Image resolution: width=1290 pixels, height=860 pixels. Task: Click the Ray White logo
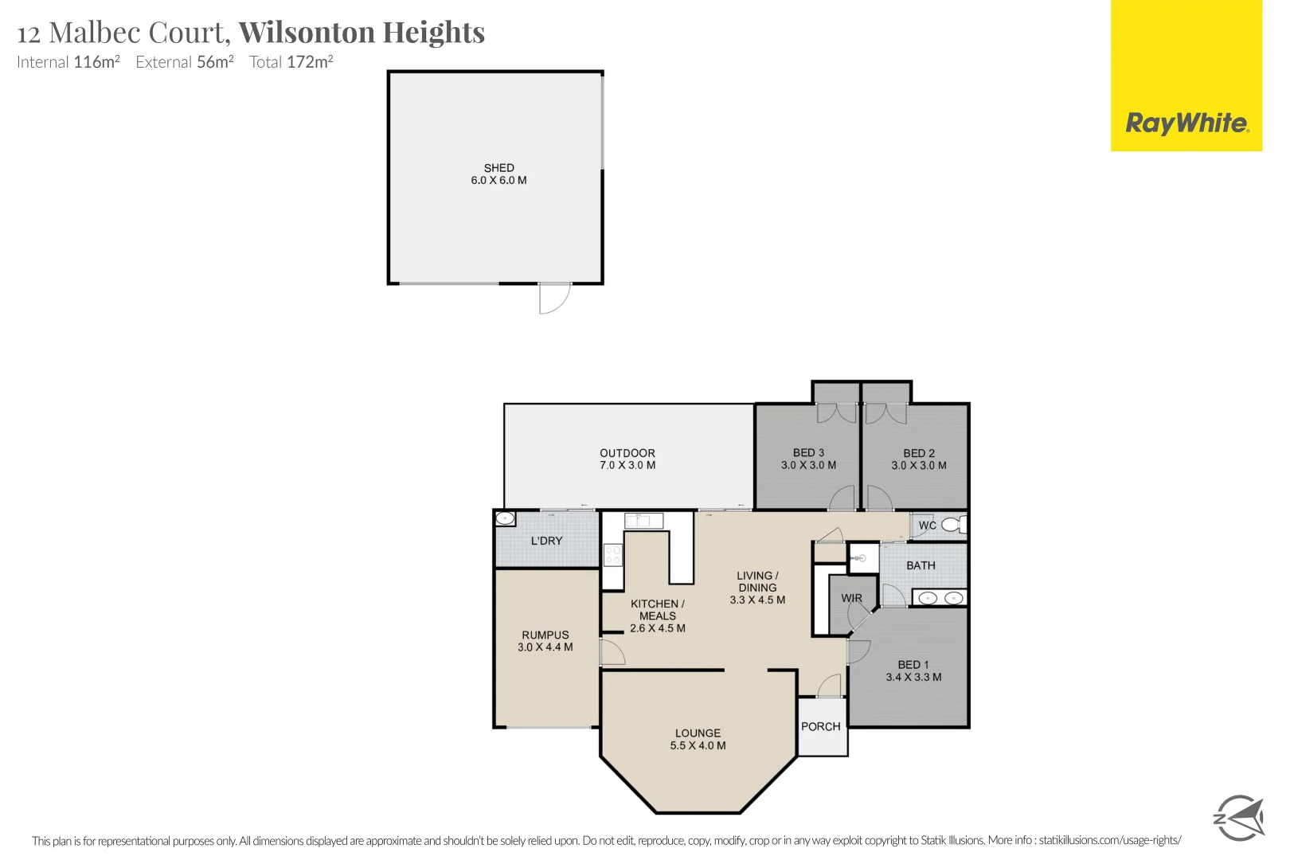[x=1186, y=123]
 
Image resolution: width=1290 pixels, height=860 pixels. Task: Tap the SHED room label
[x=499, y=168]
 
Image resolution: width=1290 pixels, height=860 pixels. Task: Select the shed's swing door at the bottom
[x=554, y=299]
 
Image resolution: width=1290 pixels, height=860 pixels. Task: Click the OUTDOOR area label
[x=627, y=453]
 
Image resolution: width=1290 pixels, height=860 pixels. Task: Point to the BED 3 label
[x=808, y=453]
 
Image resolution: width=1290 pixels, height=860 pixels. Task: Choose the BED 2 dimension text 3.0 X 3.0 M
[x=919, y=466]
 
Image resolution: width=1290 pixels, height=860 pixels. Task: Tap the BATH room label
[x=921, y=565]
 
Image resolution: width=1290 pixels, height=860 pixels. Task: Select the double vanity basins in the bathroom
[x=940, y=598]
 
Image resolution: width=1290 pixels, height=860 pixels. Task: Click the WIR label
[x=851, y=598]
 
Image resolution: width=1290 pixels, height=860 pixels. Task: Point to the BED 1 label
[x=913, y=665]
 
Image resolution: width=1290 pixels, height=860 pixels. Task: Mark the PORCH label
[x=821, y=727]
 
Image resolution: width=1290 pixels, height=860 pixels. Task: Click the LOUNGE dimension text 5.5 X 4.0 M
[x=698, y=746]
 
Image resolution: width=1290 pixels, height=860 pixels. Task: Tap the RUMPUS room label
[x=545, y=635]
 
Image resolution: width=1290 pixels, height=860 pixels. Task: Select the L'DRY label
[x=546, y=541]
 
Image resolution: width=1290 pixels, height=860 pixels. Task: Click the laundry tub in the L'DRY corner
[x=505, y=519]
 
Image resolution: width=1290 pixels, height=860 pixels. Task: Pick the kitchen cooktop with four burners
[x=612, y=554]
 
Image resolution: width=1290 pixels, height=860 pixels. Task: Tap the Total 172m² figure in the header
[x=291, y=62]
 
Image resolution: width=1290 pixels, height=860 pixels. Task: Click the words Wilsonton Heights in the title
[x=362, y=33]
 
